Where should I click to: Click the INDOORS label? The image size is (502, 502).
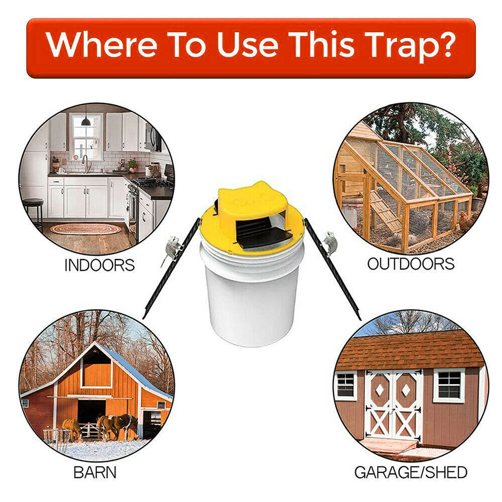click(x=99, y=265)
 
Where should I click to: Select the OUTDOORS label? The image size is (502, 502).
click(x=411, y=264)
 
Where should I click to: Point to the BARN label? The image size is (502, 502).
click(x=95, y=472)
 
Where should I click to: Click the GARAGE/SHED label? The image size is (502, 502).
click(x=411, y=472)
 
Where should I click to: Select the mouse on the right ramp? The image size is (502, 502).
click(x=330, y=242)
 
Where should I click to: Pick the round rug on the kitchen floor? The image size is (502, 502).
click(x=85, y=229)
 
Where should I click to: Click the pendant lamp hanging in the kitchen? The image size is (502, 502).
click(x=86, y=120)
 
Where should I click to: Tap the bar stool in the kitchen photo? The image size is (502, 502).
click(x=34, y=211)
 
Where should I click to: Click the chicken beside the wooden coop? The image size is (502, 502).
click(x=466, y=221)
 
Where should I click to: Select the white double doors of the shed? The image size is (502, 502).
click(x=393, y=404)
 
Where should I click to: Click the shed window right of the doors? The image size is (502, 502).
click(x=449, y=385)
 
